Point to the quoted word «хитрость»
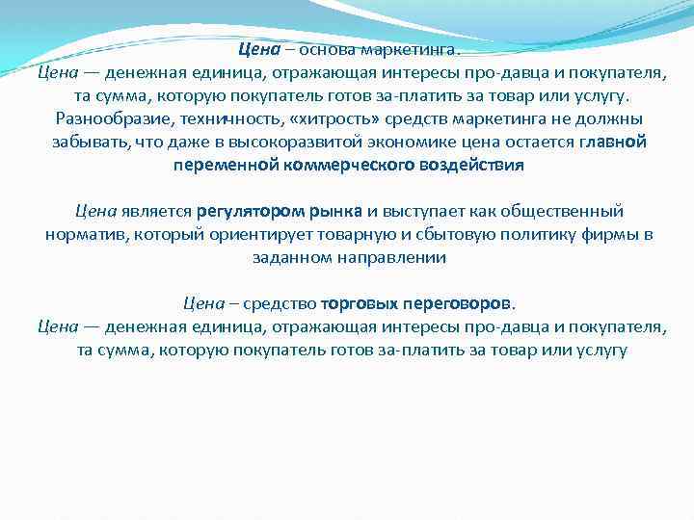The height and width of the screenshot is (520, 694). click(331, 119)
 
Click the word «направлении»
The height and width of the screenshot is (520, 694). click(390, 257)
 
